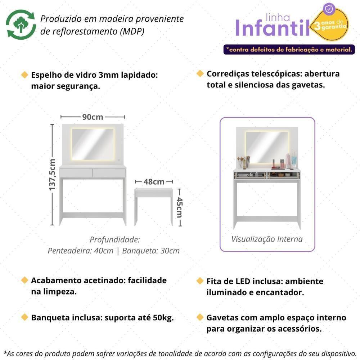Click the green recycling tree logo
coord(21,24)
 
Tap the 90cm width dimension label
coord(93,117)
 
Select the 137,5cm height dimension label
coord(53,175)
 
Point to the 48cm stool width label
coord(154,182)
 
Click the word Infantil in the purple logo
coord(273,28)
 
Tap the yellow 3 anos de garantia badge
coord(330,25)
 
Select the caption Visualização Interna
coord(267,239)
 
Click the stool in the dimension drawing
coord(153,205)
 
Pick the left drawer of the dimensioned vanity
coord(76,173)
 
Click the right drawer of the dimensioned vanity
coord(109,173)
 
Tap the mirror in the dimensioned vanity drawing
coord(93,144)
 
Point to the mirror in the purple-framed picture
coord(267,147)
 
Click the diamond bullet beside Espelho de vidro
coord(24,75)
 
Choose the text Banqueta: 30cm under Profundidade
coord(151,251)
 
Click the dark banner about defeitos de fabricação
coord(289,49)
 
